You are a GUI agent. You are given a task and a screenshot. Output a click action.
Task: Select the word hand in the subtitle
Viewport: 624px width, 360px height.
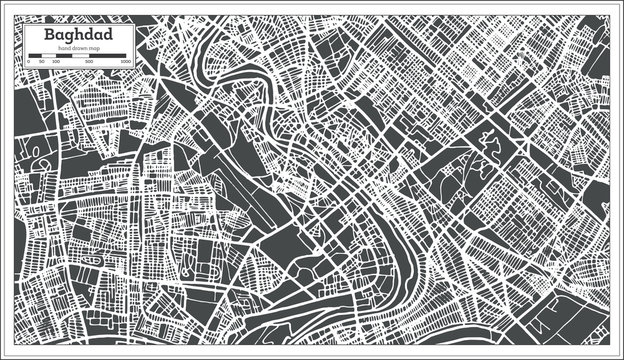(63, 49)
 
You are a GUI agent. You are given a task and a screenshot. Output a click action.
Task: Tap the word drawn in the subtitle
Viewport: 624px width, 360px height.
(76, 49)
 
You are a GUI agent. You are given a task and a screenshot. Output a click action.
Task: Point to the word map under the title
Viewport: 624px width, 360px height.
(90, 49)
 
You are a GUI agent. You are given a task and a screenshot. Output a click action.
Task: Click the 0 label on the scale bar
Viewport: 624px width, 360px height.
(29, 62)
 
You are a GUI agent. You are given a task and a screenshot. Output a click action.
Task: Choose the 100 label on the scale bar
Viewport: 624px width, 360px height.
(54, 62)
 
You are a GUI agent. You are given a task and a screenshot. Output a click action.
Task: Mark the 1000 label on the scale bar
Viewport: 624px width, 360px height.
(125, 62)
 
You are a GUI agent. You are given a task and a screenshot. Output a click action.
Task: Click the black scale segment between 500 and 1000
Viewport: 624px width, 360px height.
(108, 56)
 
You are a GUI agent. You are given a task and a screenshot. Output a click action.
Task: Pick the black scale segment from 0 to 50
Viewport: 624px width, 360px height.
(34, 56)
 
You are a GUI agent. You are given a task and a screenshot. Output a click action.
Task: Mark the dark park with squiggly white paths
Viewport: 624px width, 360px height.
(490, 150)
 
